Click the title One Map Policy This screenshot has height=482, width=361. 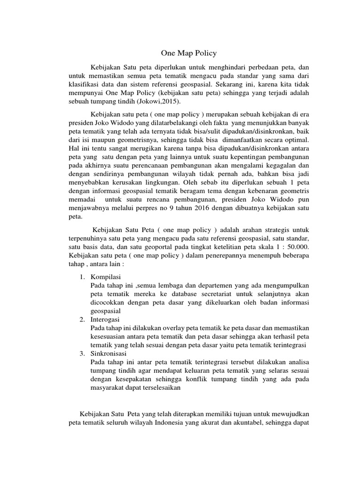point(182,53)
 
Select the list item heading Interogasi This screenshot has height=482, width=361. point(106,320)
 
